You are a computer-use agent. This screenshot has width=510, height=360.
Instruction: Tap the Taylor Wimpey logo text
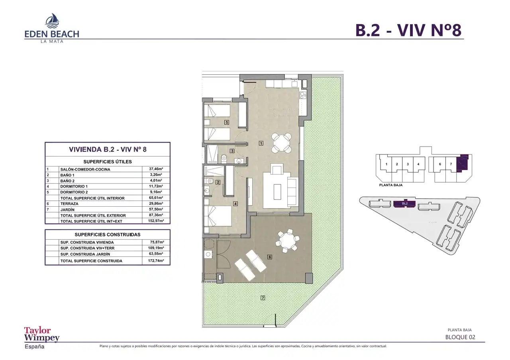tap(42, 334)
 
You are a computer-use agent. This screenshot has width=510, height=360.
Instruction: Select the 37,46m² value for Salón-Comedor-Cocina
tap(156, 169)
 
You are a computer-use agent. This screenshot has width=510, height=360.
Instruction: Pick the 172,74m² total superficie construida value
tap(156, 260)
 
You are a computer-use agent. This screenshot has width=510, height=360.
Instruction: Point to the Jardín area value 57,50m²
tap(156, 209)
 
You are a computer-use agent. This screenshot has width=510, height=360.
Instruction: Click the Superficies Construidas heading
tap(108, 235)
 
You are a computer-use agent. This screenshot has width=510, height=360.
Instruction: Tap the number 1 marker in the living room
tap(261, 143)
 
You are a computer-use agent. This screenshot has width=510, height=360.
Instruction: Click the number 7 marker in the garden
tap(263, 297)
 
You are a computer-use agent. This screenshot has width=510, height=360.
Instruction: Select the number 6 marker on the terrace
tap(270, 257)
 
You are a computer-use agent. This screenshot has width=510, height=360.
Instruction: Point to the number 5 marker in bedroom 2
tap(227, 122)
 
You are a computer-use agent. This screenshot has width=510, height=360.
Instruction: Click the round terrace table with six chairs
tap(287, 241)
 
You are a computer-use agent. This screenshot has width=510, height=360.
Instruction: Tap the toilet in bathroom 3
tap(224, 159)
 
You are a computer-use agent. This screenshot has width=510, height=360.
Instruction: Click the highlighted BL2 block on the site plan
tap(404, 203)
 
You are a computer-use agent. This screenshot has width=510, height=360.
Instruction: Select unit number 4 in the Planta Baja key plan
tap(418, 164)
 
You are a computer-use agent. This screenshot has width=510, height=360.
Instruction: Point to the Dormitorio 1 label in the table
tap(74, 186)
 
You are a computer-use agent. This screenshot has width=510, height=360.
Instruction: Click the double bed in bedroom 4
tap(218, 216)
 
